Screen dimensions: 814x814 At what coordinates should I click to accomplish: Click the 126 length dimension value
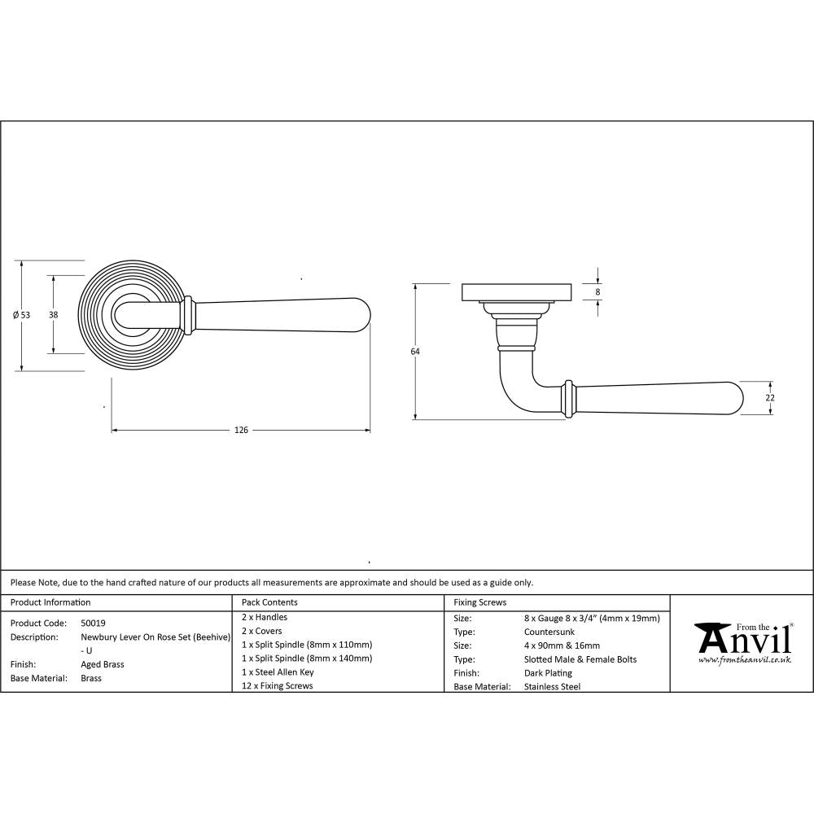coord(241,430)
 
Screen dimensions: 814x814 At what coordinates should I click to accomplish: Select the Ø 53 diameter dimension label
coord(22,315)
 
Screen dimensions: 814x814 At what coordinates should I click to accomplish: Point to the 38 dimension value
coord(53,315)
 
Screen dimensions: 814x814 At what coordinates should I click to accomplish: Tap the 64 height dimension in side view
coord(415,352)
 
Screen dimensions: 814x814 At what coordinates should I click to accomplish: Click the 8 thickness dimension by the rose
coord(598,291)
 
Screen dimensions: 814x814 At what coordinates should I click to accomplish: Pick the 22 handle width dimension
coord(770,398)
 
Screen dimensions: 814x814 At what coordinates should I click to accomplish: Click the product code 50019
coord(93,622)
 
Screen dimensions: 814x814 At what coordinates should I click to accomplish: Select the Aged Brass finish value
coord(103,664)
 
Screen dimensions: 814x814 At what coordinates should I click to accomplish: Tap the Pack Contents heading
coord(269,602)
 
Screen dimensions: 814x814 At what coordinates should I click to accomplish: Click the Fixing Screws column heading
coord(479,602)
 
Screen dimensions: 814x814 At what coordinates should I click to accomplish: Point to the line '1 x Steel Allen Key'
coord(278,672)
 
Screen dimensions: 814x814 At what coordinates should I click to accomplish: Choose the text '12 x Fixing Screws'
coord(277,686)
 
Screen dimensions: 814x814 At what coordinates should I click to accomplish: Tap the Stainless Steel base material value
coord(553,687)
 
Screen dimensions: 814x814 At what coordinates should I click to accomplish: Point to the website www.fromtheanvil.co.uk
coord(743,661)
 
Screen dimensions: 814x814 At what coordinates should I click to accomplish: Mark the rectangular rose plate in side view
coord(515,291)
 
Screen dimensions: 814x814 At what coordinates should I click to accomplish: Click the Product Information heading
coord(50,602)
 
